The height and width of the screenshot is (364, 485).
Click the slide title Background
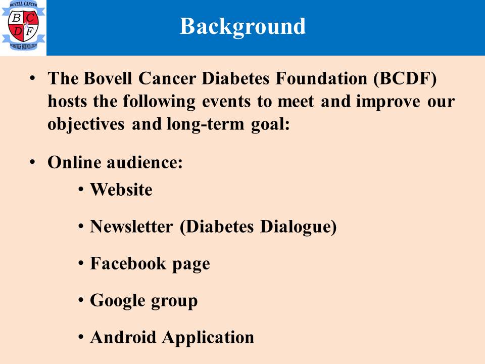(243, 27)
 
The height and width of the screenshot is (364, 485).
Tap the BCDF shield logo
(23, 25)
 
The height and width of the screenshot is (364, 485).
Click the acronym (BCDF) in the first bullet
(405, 79)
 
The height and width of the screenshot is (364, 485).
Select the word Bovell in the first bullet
(108, 78)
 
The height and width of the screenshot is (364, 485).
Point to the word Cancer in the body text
(167, 78)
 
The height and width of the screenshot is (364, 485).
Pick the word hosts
(67, 101)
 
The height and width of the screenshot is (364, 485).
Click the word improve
(388, 102)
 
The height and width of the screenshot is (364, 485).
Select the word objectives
(86, 124)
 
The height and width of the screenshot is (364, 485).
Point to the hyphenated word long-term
(206, 124)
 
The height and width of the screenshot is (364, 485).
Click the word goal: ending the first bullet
(270, 125)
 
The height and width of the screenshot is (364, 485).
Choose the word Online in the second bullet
(74, 162)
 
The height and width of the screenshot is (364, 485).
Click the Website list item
(121, 190)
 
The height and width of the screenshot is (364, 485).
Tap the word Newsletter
(131, 226)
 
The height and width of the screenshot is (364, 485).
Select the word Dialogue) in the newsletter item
(298, 227)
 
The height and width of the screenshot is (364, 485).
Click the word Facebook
(128, 264)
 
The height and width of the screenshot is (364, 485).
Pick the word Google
(118, 301)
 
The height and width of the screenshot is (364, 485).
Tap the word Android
(123, 337)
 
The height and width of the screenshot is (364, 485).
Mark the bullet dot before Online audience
(32, 162)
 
